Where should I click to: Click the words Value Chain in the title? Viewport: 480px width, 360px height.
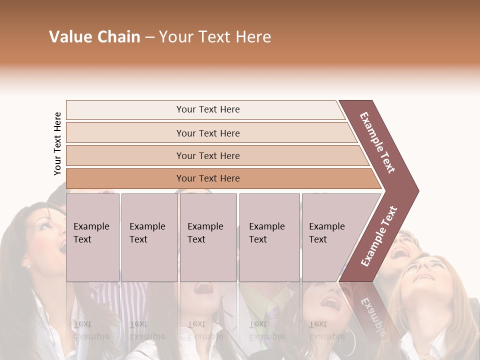94,37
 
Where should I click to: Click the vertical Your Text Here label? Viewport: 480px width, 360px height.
57,143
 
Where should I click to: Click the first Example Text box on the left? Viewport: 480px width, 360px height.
92,237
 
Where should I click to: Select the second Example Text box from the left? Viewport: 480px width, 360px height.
149,237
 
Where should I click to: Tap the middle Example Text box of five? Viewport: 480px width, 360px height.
208,237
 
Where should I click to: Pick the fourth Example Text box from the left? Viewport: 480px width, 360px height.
269,237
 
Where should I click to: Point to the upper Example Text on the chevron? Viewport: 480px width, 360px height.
378,142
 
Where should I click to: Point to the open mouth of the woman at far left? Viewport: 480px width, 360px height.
61,247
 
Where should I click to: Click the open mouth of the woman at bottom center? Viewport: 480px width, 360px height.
204,288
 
